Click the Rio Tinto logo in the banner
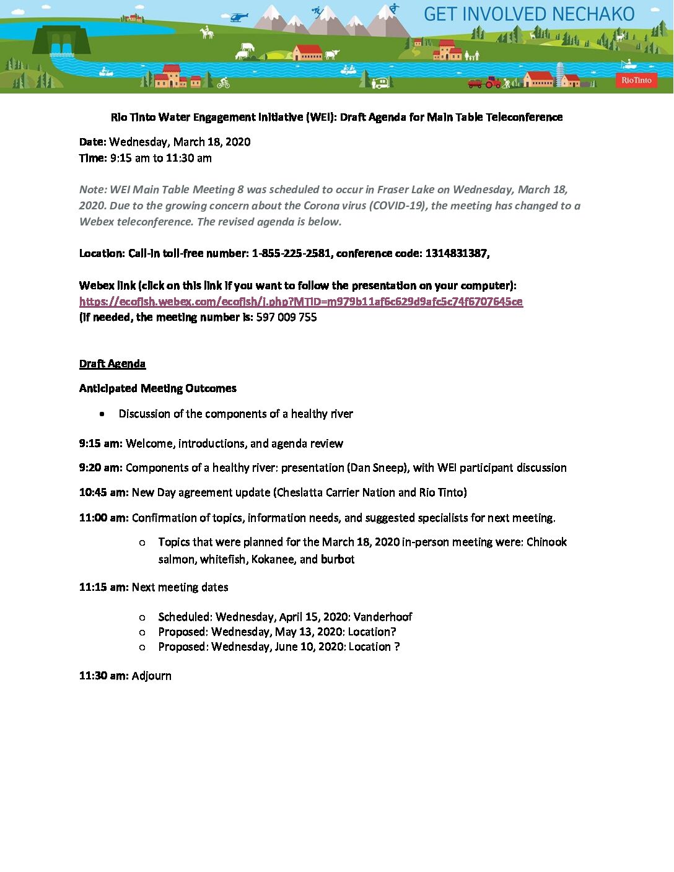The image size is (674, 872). pyautogui.click(x=636, y=81)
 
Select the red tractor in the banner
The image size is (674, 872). pyautogui.click(x=492, y=82)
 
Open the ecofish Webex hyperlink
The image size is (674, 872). pyautogui.click(x=300, y=302)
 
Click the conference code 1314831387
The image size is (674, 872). pyautogui.click(x=457, y=253)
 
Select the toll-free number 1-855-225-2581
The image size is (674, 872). pyautogui.click(x=291, y=253)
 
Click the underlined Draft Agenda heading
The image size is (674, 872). pyautogui.click(x=112, y=364)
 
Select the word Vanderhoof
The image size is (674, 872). pyautogui.click(x=383, y=617)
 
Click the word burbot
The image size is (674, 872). pyautogui.click(x=338, y=559)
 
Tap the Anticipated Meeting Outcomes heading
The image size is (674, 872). pyautogui.click(x=157, y=388)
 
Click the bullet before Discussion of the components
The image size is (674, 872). pyautogui.click(x=102, y=414)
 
